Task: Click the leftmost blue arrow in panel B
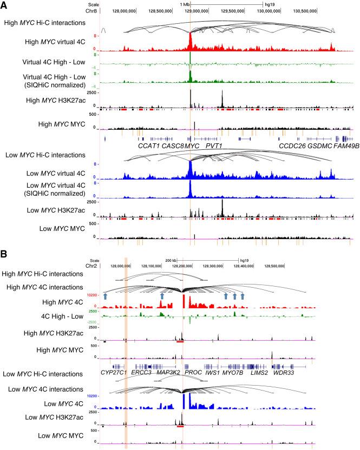point(106,296)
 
